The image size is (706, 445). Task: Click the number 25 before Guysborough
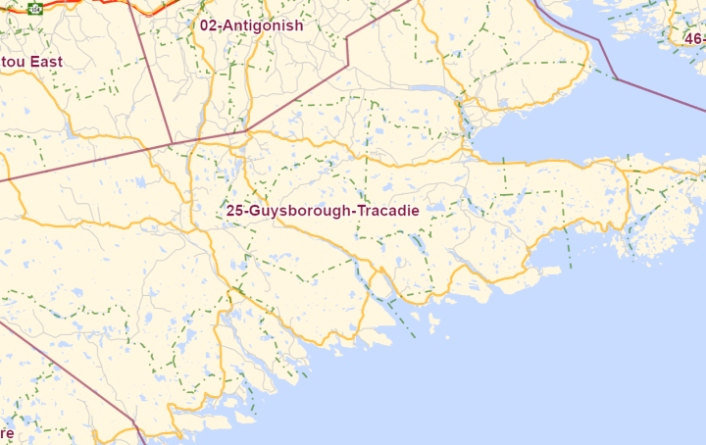[234, 211]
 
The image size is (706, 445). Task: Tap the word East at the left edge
[46, 62]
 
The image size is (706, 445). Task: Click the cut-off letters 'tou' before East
[12, 62]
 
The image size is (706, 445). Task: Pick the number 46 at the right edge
[693, 38]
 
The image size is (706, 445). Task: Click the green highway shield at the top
[35, 8]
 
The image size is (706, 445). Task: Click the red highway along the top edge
[98, 7]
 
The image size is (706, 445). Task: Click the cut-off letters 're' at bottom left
[7, 432]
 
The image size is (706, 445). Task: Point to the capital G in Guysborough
[254, 211]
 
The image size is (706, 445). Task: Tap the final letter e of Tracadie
[415, 211]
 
